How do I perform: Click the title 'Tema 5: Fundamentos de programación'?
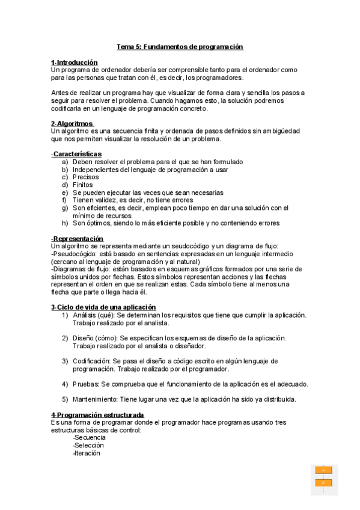(180, 46)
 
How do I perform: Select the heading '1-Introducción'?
(75, 63)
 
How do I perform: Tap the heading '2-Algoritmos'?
(72, 123)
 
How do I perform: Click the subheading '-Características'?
(76, 154)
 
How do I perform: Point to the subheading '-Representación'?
(78, 239)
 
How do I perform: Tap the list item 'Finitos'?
(83, 185)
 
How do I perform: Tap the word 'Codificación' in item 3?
(92, 361)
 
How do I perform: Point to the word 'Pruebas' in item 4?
(85, 384)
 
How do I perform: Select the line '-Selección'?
(88, 446)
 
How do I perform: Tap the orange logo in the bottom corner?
(323, 479)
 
